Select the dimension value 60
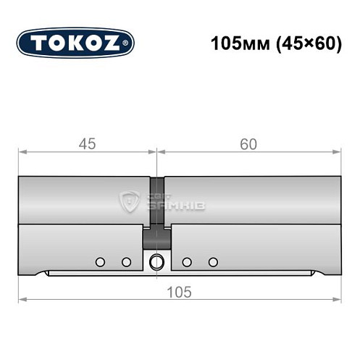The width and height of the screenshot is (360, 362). click(248, 144)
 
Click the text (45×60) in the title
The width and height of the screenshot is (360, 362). click(306, 43)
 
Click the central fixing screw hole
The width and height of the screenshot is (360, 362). click(156, 262)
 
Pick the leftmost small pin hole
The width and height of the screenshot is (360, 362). click(100, 261)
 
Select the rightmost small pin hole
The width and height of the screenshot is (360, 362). click(212, 261)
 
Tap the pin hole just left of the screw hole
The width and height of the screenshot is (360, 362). click(126, 261)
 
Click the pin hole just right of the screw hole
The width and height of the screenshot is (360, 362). click(186, 261)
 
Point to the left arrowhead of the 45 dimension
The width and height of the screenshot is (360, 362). click(22, 153)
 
